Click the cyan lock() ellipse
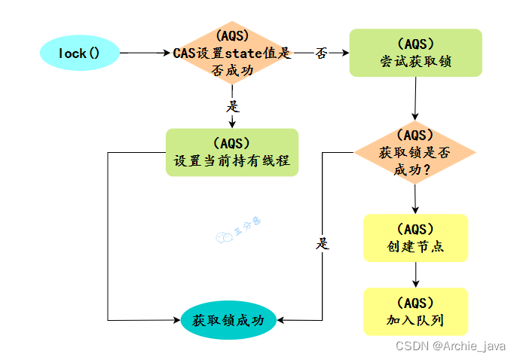(79, 53)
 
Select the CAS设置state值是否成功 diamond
(232, 53)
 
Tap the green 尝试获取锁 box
(415, 53)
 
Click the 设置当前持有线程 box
(232, 152)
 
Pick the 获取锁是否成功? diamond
(415, 152)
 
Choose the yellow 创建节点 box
(415, 238)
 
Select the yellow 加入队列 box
(415, 311)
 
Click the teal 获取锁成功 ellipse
(228, 319)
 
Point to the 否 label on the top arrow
(320, 53)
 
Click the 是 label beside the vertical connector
(323, 243)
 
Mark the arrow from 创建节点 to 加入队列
(415, 275)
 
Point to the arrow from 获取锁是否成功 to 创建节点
(415, 199)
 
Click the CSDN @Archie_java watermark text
(450, 346)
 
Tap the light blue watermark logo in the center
(224, 238)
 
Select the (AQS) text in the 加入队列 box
(415, 303)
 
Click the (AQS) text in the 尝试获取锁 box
(415, 44)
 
